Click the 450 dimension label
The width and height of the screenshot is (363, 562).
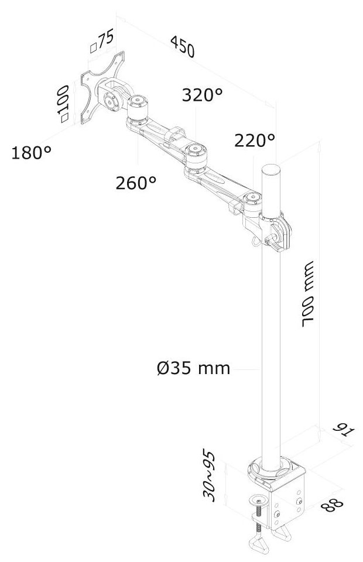point(182,47)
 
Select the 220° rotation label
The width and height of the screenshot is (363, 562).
point(254,140)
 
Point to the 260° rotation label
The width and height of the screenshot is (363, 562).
point(136,183)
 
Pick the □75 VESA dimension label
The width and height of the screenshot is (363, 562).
point(101,43)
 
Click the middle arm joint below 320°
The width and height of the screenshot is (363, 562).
point(195,154)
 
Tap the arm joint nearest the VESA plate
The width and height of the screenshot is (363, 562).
point(139,106)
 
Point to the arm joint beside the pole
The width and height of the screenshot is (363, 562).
point(253,201)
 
